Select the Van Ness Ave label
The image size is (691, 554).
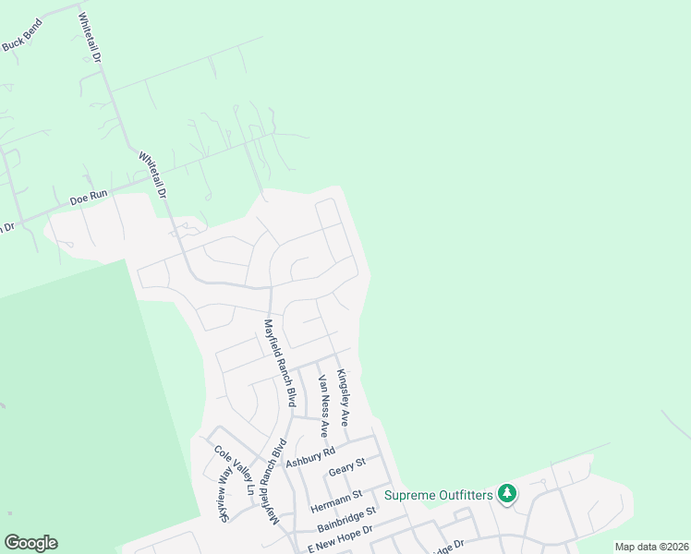point(322,406)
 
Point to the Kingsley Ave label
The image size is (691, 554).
point(343,397)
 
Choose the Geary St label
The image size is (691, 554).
point(347,467)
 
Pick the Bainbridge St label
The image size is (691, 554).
point(347,519)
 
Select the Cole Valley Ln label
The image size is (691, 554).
point(238,470)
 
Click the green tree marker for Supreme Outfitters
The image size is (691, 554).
point(507,494)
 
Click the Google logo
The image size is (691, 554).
point(30,543)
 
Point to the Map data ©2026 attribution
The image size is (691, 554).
point(650,547)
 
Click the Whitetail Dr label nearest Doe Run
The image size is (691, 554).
point(152,175)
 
